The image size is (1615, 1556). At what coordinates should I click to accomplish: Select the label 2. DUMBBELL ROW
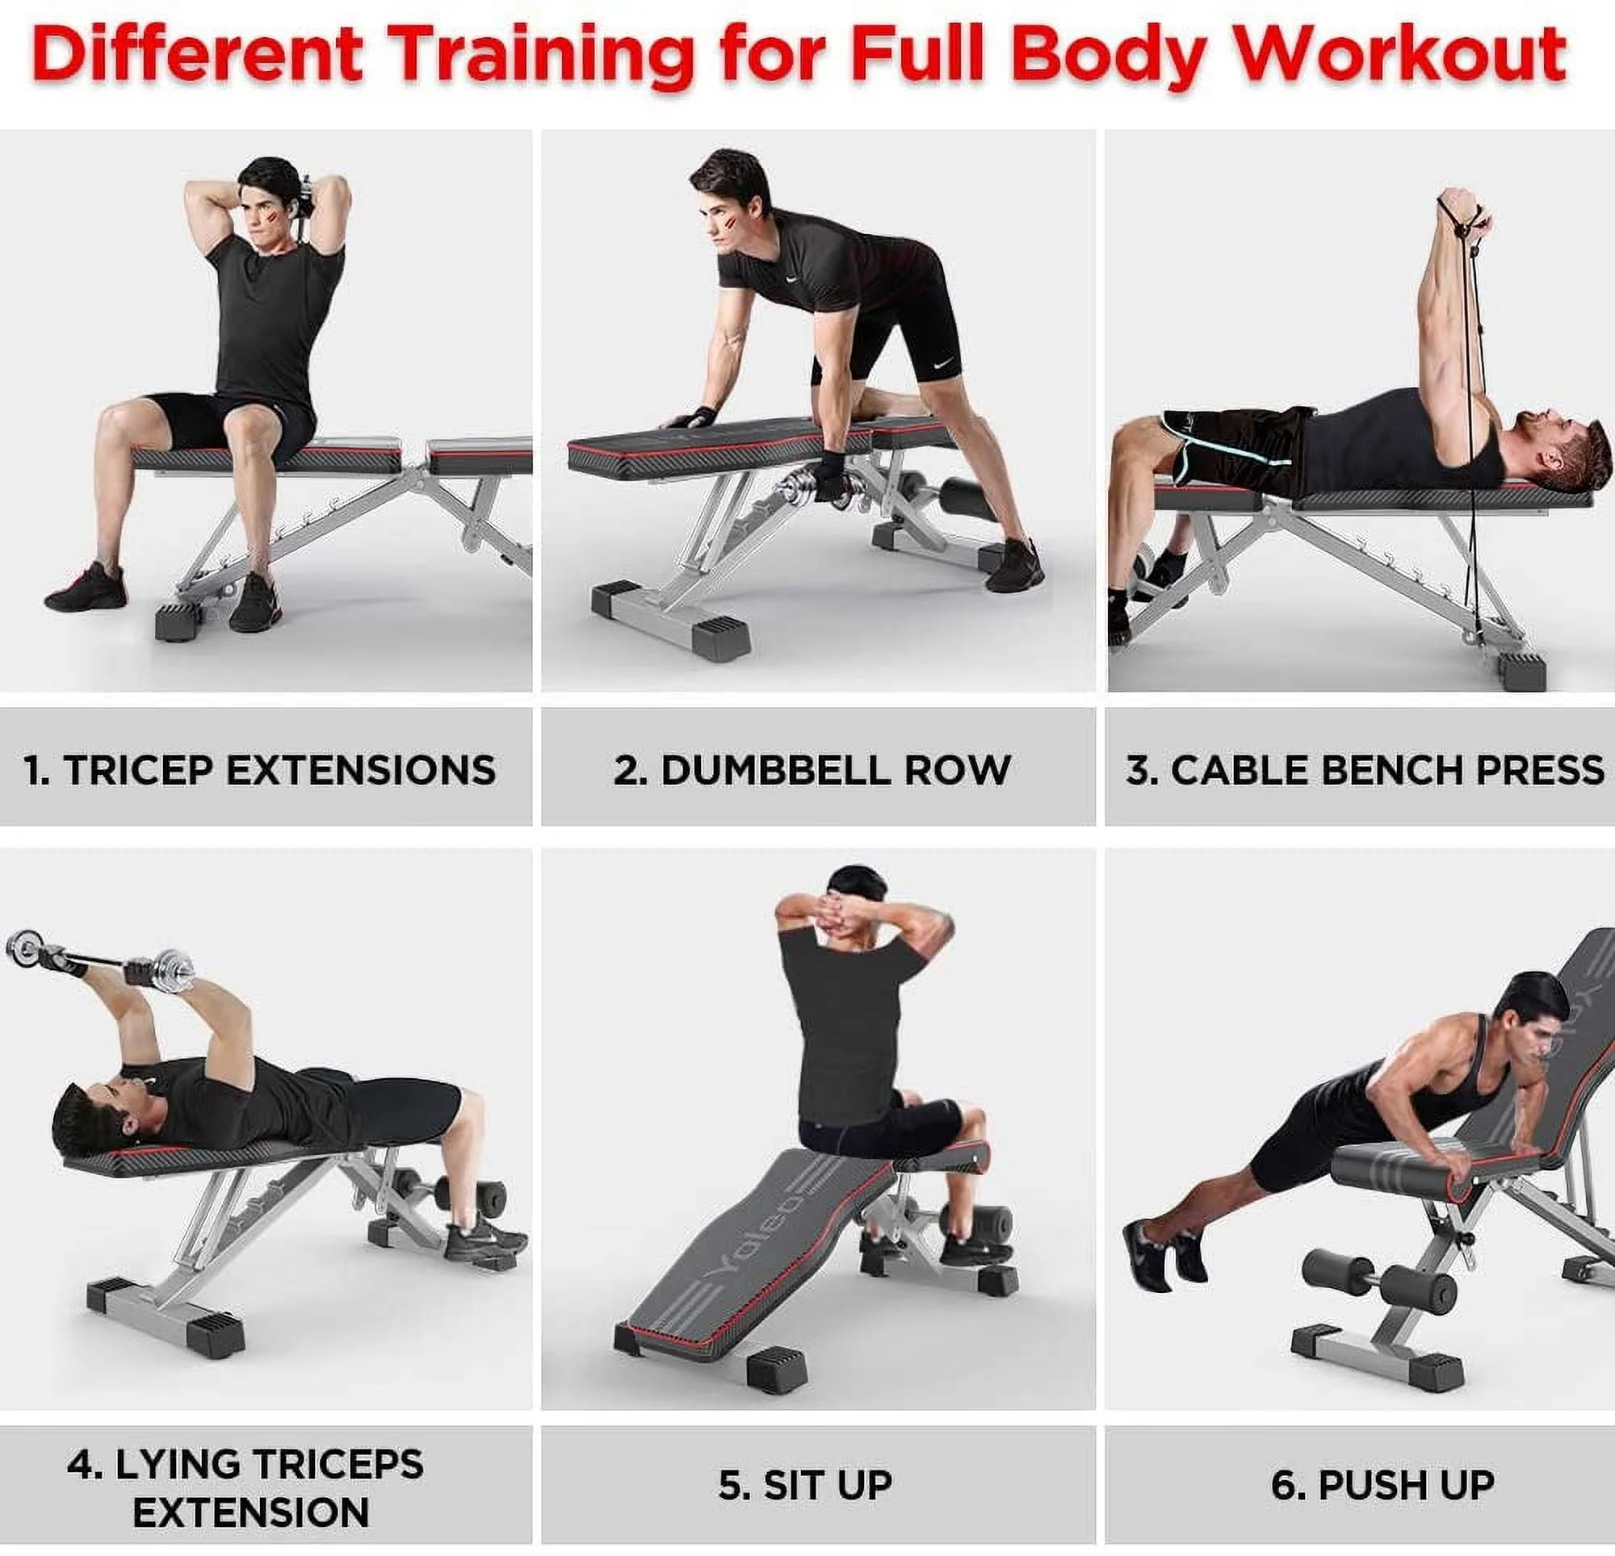tap(812, 770)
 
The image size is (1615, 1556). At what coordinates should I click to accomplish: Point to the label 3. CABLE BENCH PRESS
tap(1365, 770)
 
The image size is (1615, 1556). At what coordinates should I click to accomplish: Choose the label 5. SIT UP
tap(806, 1484)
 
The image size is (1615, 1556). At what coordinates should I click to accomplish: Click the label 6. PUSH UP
tap(1382, 1484)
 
